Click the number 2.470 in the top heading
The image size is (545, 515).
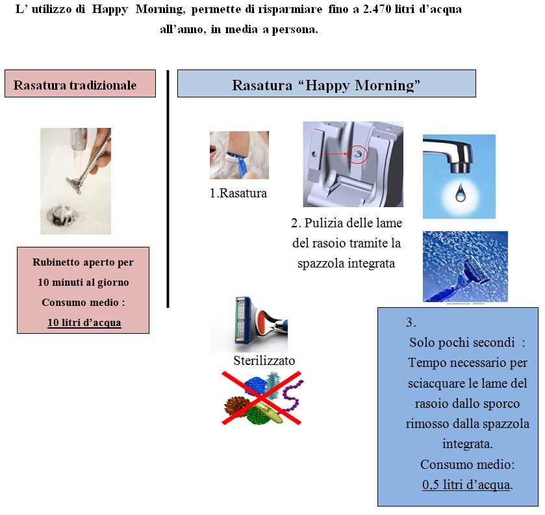377,9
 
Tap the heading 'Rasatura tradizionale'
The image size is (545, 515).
75,85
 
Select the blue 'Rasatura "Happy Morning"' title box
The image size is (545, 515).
326,83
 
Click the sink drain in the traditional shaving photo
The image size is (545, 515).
57,214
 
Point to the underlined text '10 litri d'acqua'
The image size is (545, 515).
84,323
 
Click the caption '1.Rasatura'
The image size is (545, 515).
238,194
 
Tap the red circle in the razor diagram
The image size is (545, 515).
357,154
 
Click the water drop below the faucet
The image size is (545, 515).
459,192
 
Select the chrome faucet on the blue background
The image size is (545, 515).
451,154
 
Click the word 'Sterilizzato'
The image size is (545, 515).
264,360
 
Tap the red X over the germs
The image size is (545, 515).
261,398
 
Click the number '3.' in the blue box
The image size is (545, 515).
411,322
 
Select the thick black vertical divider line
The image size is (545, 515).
168,189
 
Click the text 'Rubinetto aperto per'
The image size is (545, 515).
83,262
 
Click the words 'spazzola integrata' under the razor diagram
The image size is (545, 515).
346,264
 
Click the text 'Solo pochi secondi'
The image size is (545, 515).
462,343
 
